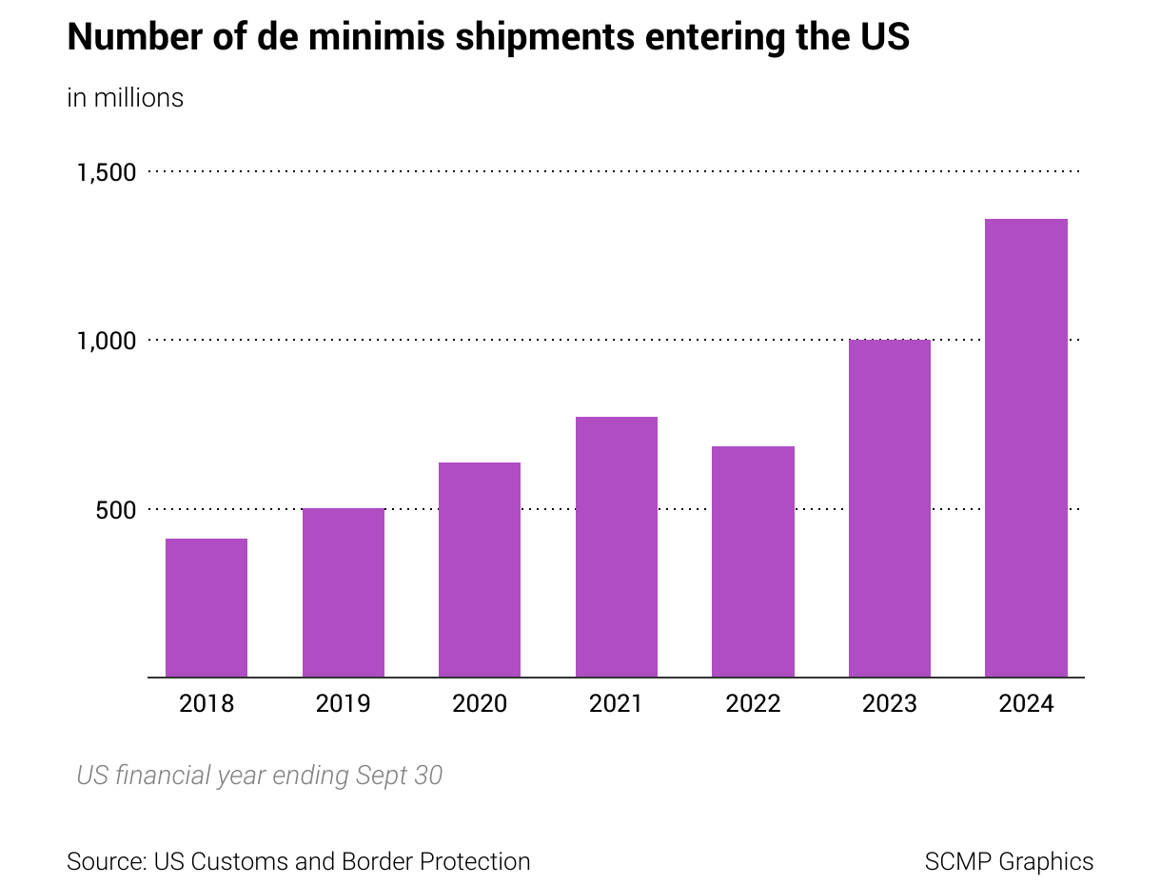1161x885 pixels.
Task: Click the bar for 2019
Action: (x=344, y=592)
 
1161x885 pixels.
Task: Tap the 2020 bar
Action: (x=480, y=569)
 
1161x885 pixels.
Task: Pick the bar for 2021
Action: (x=617, y=546)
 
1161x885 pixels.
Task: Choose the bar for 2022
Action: (x=753, y=561)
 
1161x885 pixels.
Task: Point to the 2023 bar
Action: (x=890, y=508)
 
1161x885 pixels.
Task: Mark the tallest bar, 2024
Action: (x=1026, y=447)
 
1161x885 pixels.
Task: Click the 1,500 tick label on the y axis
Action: (x=107, y=172)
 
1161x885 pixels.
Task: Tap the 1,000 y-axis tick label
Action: (x=107, y=341)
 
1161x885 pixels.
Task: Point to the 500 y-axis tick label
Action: (x=116, y=510)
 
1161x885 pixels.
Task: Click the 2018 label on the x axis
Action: (x=207, y=704)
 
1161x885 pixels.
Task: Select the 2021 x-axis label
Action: (x=617, y=704)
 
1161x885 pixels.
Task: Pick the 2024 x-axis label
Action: (x=1026, y=704)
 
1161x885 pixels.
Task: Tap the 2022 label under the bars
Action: (x=753, y=704)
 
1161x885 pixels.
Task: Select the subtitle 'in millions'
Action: (x=125, y=98)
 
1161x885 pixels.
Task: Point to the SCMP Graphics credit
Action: (x=1009, y=861)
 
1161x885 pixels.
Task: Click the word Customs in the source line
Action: (x=238, y=861)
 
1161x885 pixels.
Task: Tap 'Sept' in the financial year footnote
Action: (x=382, y=776)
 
